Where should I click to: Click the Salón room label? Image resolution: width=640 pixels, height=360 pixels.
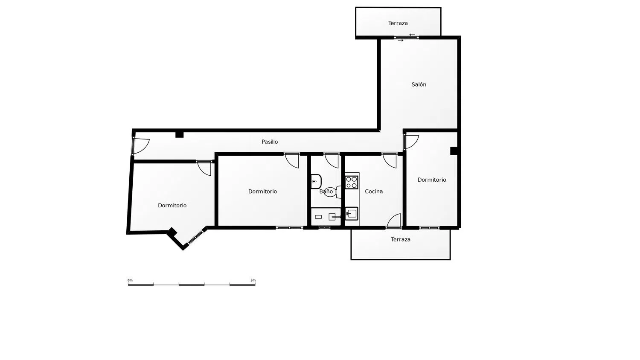click(x=419, y=84)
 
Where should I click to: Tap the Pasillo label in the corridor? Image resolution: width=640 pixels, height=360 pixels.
click(x=269, y=142)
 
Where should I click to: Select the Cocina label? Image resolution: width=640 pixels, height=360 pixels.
click(x=374, y=192)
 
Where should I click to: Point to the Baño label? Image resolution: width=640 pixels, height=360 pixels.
click(x=326, y=192)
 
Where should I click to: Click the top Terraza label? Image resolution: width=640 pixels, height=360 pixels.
click(x=398, y=23)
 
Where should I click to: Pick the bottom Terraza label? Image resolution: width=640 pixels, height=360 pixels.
click(x=401, y=239)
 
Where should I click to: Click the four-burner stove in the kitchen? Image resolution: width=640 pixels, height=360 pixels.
click(x=352, y=182)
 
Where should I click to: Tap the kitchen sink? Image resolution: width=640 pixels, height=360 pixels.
click(x=352, y=213)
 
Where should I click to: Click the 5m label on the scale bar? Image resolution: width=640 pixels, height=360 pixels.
click(x=253, y=280)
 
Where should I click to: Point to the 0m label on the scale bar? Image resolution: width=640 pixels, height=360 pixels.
click(x=130, y=280)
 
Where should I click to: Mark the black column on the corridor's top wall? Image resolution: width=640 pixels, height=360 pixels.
click(x=179, y=134)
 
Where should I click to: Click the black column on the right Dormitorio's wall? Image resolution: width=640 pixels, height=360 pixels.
click(x=454, y=151)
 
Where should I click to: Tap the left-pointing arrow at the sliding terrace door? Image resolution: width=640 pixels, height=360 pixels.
click(x=412, y=35)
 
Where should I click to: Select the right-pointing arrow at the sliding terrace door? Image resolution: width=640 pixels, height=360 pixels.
click(x=401, y=41)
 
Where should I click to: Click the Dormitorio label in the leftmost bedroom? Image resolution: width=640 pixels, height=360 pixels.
click(x=172, y=206)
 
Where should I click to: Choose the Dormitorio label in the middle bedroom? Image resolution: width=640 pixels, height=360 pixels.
click(x=262, y=192)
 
